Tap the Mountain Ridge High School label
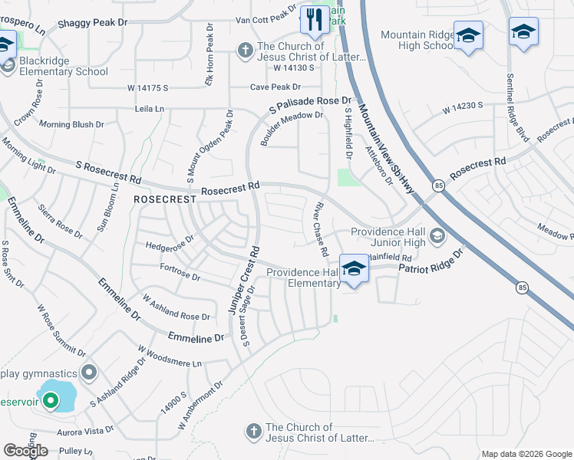[x=417, y=41]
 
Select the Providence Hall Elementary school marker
[x=353, y=269]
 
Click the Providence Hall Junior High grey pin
[x=437, y=234]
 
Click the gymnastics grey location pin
[x=89, y=373]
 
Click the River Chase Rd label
[x=318, y=228]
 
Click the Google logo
[x=25, y=451]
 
